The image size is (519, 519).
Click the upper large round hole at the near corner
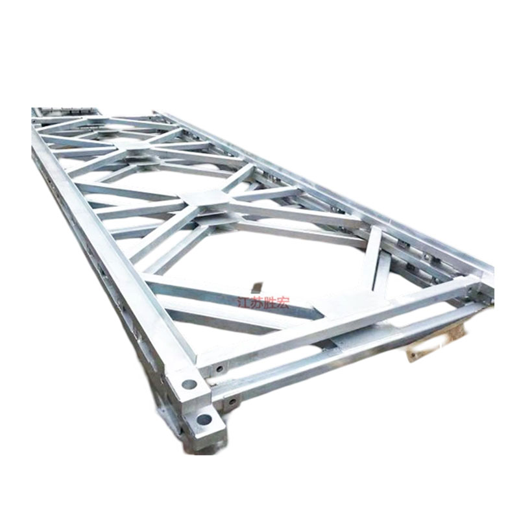(x=189, y=384)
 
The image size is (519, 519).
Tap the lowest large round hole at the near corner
(x=204, y=420)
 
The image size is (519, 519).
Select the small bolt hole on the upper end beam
(x=219, y=368)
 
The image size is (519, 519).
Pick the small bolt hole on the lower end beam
(x=233, y=402)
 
